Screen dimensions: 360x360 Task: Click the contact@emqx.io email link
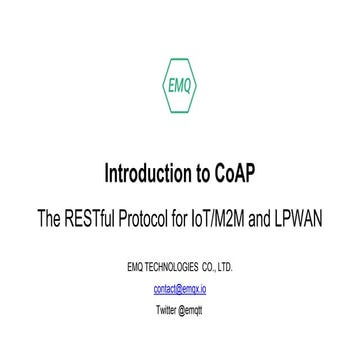pyautogui.click(x=180, y=288)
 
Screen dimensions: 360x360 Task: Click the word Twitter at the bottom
pyautogui.click(x=167, y=309)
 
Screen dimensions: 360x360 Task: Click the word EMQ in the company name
pyautogui.click(x=134, y=268)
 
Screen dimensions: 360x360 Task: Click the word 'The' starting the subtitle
pyautogui.click(x=51, y=213)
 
